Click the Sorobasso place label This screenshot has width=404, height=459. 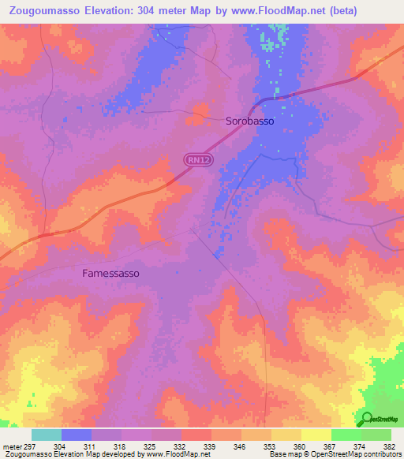coord(250,121)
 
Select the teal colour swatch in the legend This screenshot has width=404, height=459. coord(47,435)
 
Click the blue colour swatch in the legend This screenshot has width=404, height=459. coord(77,435)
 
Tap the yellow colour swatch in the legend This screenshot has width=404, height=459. coord(316,435)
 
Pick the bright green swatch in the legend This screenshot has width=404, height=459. coord(346,435)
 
